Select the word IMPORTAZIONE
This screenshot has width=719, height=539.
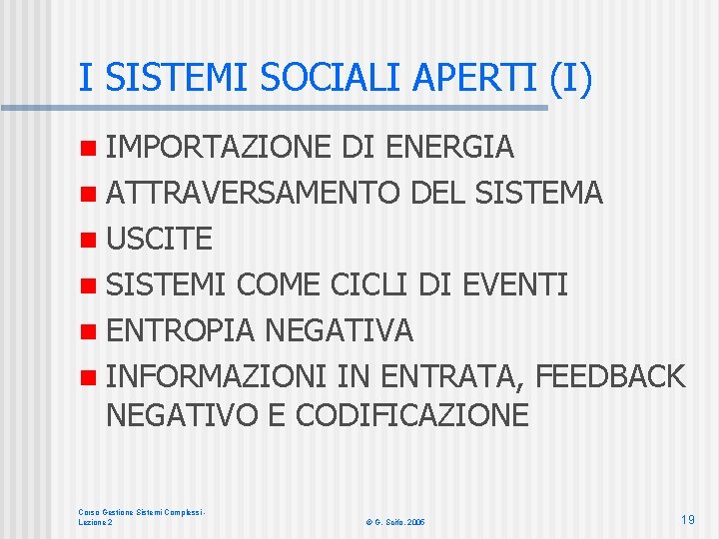click(x=218, y=147)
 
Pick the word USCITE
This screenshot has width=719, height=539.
click(x=159, y=239)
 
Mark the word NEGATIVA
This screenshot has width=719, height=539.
click(x=340, y=330)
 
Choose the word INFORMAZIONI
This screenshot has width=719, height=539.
click(x=216, y=376)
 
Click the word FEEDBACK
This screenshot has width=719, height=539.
click(x=610, y=376)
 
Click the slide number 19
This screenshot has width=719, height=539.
click(x=687, y=519)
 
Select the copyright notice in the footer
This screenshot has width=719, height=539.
click(x=395, y=522)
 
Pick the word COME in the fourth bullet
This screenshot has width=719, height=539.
click(x=279, y=284)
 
